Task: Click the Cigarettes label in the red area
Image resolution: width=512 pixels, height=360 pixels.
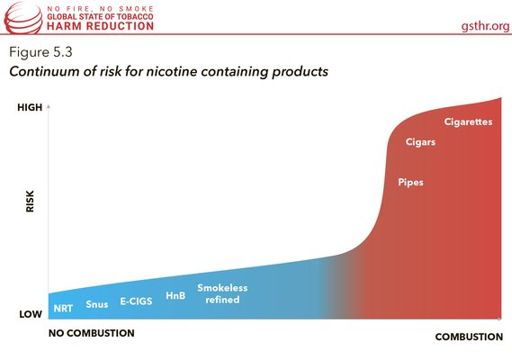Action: point(467,121)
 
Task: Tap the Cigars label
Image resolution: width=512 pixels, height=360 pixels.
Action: point(420,142)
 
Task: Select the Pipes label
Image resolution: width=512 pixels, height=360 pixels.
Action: point(410,182)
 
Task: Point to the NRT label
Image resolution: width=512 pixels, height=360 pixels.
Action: point(63,308)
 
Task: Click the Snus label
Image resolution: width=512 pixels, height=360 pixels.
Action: point(96,304)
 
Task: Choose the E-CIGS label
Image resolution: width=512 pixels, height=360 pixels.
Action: point(137,301)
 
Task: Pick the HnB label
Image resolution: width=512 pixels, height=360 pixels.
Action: point(175,295)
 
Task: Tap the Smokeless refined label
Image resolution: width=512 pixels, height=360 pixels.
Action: point(222,293)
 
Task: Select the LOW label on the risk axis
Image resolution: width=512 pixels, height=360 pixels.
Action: point(31,314)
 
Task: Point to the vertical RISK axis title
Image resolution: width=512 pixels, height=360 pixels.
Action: point(30,202)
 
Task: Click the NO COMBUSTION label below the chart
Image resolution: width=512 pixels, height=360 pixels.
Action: point(90,334)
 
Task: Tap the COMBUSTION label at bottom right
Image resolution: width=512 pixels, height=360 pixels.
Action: point(469,337)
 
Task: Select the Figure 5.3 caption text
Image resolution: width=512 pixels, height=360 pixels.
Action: point(40,49)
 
